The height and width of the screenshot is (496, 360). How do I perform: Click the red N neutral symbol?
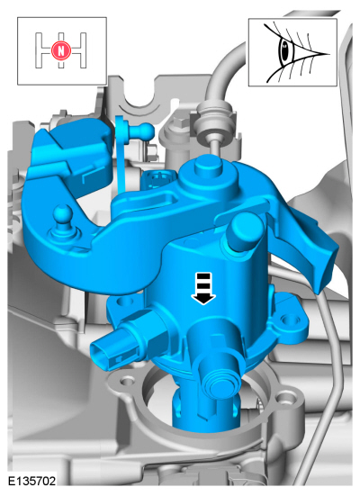pyautogui.click(x=60, y=50)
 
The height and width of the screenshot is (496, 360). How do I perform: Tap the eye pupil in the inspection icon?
pyautogui.click(x=283, y=50)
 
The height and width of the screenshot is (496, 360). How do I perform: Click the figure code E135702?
pyautogui.click(x=31, y=481)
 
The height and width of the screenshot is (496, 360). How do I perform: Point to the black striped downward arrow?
pyautogui.click(x=202, y=288)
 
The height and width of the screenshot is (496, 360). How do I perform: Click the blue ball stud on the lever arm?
pyautogui.click(x=63, y=215)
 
